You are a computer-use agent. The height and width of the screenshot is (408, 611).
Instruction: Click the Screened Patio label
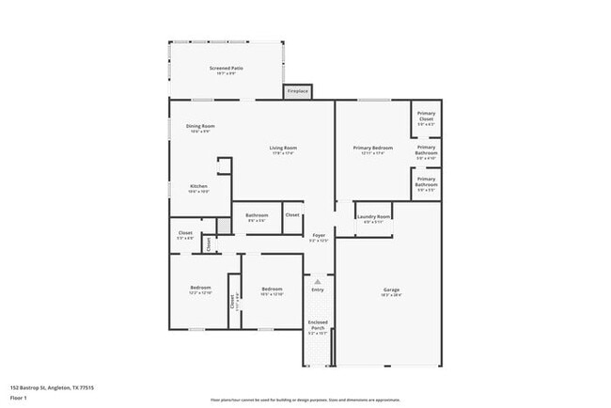[x=226, y=69]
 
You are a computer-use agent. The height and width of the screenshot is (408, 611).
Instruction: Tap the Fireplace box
[x=297, y=91]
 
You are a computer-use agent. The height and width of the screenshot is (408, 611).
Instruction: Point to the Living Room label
[x=283, y=149]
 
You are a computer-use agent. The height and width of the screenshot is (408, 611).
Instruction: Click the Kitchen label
[x=198, y=186]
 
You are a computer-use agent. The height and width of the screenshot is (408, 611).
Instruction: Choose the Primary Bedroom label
[x=372, y=149]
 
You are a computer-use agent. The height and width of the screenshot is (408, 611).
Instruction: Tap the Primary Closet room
[x=426, y=118]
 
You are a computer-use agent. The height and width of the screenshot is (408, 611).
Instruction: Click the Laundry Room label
[x=373, y=220]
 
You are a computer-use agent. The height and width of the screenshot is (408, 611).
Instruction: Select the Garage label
[x=391, y=290]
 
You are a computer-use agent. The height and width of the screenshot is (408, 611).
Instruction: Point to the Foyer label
[x=319, y=236]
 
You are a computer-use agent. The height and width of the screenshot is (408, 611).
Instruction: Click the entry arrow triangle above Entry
[x=318, y=281]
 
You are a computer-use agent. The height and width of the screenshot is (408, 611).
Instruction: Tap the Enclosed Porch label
[x=318, y=324]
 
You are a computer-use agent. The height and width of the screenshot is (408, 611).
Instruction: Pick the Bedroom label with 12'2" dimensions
[x=200, y=289]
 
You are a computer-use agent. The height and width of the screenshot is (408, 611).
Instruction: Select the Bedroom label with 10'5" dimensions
[x=272, y=290]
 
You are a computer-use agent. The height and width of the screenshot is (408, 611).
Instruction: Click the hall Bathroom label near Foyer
[x=257, y=216]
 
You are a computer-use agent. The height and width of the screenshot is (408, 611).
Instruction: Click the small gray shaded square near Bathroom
[x=224, y=227]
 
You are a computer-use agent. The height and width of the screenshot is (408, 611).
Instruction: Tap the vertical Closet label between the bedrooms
[x=232, y=304]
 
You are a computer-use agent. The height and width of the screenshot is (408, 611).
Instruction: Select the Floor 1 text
[x=19, y=398]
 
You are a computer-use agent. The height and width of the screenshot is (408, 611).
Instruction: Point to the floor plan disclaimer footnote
[x=305, y=399]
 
